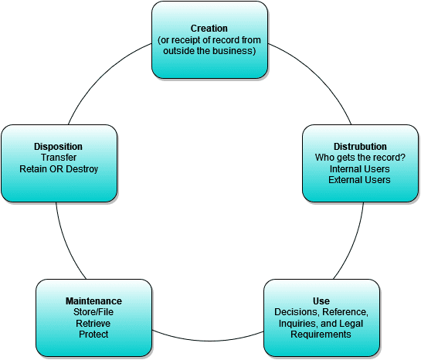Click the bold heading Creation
209,29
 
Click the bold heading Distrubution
359,146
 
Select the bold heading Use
322,301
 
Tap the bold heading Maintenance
93,301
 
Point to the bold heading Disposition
59,146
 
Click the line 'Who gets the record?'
359,157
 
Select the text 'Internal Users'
359,168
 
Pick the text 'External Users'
359,179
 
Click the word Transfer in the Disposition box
59,157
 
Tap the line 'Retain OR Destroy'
59,168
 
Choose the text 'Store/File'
93,312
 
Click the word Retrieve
93,323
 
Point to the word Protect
93,335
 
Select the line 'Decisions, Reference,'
322,312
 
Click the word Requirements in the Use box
322,335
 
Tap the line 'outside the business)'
209,51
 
